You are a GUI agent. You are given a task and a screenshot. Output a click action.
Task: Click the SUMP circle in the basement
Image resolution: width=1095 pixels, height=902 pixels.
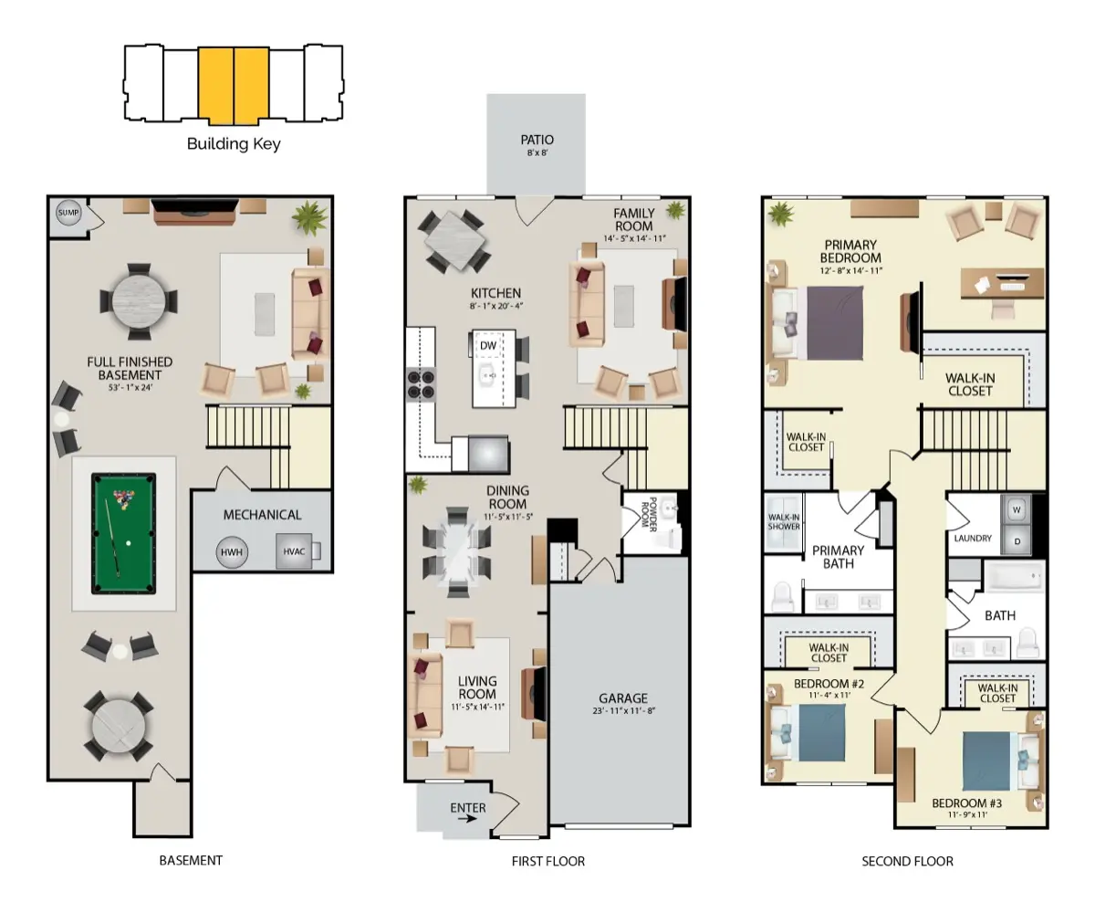[x=68, y=213]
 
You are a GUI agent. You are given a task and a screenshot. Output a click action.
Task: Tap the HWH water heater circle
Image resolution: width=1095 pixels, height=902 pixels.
[x=232, y=551]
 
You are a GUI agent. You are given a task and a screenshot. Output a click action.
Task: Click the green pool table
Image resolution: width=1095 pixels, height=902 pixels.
[x=123, y=533]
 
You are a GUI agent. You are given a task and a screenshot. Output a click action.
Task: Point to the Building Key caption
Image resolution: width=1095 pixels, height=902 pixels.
[x=234, y=144]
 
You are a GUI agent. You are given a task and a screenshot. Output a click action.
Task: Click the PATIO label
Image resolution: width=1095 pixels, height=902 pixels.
[x=537, y=140]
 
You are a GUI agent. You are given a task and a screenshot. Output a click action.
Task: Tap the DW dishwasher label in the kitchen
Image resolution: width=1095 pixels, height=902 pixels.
[x=488, y=345]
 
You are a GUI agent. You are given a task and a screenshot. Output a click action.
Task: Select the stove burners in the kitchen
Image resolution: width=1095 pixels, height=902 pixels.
[x=421, y=384]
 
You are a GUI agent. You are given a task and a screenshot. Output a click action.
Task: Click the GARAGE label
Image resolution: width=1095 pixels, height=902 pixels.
[x=623, y=698]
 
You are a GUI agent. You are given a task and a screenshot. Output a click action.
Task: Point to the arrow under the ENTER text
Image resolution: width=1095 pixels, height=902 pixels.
[x=467, y=819]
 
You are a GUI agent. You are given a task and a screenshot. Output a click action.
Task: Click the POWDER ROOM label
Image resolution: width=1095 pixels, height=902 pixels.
[x=649, y=514]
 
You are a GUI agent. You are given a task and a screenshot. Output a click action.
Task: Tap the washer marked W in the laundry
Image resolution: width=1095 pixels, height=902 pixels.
[x=1017, y=509]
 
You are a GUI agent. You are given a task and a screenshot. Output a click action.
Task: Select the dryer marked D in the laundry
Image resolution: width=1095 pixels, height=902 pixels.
[x=1017, y=540]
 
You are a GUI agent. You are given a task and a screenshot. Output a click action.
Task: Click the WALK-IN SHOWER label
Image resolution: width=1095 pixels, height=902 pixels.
[x=784, y=521]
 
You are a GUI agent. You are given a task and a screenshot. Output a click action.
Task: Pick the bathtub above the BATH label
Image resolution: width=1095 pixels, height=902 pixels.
[x=1015, y=576]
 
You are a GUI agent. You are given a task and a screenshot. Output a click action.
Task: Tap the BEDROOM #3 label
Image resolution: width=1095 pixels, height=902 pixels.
[x=966, y=803]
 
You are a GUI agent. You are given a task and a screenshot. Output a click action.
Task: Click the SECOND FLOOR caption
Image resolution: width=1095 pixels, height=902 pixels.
[x=907, y=862]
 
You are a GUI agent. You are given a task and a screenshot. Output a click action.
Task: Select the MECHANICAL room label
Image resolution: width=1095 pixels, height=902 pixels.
[x=262, y=515]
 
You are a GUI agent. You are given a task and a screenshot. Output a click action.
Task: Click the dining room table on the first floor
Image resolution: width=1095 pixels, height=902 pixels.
[x=457, y=551]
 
